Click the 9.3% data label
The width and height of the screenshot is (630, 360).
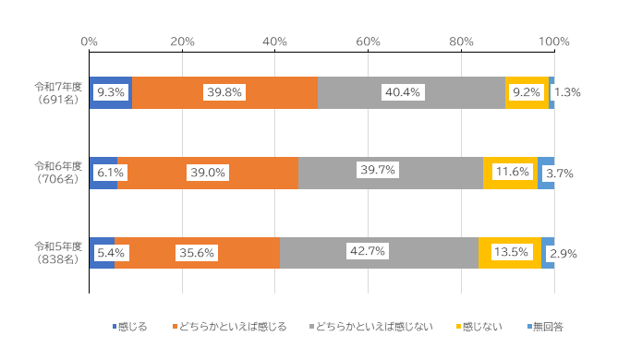111,92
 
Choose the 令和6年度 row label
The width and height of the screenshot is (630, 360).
58,173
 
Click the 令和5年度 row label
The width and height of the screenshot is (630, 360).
58,252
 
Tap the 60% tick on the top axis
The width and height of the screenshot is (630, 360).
369,42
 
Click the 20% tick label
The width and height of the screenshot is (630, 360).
182,42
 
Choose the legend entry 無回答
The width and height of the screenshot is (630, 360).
549,327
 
